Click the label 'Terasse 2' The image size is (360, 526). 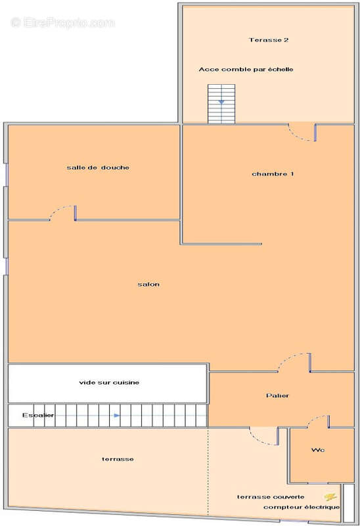pyautogui.click(x=269, y=40)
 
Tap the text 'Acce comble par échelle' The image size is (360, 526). pyautogui.click(x=246, y=69)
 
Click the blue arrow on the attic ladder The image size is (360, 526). pyautogui.click(x=221, y=102)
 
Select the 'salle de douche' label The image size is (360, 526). pyautogui.click(x=98, y=168)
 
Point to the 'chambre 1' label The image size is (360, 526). pyautogui.click(x=273, y=174)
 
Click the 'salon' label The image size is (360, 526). pyautogui.click(x=148, y=284)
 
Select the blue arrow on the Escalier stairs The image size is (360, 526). pyautogui.click(x=116, y=416)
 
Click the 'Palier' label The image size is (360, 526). pyautogui.click(x=277, y=395)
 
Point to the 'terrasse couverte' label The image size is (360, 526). pyautogui.click(x=271, y=496)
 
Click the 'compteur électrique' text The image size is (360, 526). pyautogui.click(x=302, y=507)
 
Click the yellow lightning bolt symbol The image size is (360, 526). pyautogui.click(x=330, y=497)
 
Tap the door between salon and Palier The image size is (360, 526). pyautogui.click(x=293, y=363)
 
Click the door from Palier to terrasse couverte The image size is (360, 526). pyautogui.click(x=264, y=434)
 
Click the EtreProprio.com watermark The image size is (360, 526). pyautogui.click(x=62, y=23)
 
